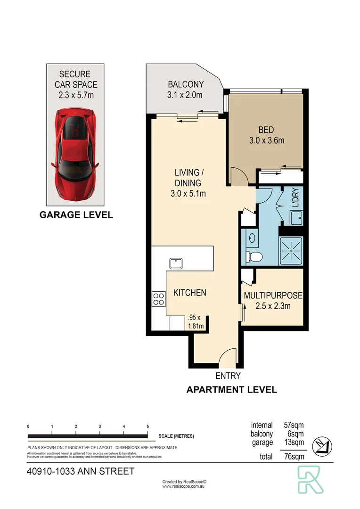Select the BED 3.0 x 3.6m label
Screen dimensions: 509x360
266,134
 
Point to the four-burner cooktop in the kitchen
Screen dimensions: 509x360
159,298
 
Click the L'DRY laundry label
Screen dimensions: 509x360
295,198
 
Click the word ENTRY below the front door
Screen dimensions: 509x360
228,376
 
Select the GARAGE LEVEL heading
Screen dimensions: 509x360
76,215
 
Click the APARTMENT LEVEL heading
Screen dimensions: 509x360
231,390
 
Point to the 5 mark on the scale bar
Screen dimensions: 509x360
147,426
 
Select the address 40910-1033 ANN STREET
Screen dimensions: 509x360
80,471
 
